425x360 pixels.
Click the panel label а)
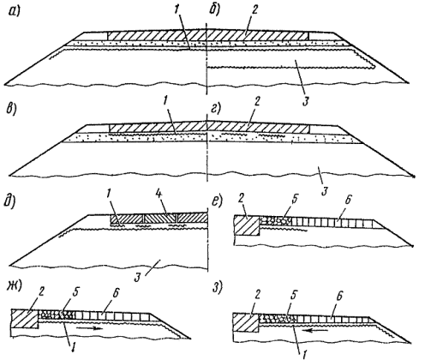pyautogui.click(x=14, y=13)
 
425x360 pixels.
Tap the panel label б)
pyautogui.click(x=214, y=10)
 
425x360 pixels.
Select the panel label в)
pyautogui.click(x=11, y=109)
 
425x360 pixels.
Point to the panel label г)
pyautogui.click(x=217, y=109)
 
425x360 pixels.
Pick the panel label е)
pyautogui.click(x=217, y=201)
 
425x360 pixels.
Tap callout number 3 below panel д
pyautogui.click(x=138, y=278)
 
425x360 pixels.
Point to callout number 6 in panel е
pyautogui.click(x=347, y=200)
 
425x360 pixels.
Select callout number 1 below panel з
pyautogui.click(x=304, y=353)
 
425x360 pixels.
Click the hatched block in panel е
pyautogui.click(x=247, y=225)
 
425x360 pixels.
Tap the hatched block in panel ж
pyautogui.click(x=25, y=319)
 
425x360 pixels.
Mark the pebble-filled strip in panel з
pyautogui.click(x=278, y=318)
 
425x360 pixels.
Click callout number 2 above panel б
pyautogui.click(x=255, y=10)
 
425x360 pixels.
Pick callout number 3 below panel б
pyautogui.click(x=306, y=102)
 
